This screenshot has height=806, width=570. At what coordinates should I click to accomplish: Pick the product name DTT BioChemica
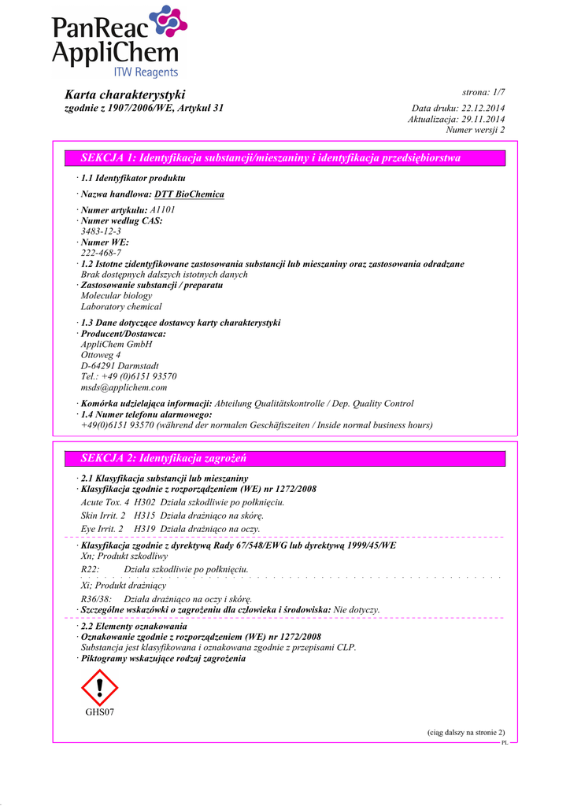click(x=189, y=194)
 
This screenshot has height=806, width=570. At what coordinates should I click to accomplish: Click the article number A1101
click(x=162, y=210)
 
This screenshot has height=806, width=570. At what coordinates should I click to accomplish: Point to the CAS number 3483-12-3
click(x=101, y=232)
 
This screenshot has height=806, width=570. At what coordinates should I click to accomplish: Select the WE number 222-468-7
click(x=101, y=253)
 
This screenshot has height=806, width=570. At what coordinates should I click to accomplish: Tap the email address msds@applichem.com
click(x=124, y=387)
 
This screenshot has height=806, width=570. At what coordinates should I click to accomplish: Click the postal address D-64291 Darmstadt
click(x=120, y=366)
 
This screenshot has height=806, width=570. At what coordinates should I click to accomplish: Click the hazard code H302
click(x=145, y=501)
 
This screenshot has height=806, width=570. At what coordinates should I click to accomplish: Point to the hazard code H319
click(x=145, y=528)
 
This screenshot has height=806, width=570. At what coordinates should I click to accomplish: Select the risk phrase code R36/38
click(x=96, y=599)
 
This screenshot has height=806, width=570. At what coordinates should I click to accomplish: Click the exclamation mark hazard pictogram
click(x=99, y=687)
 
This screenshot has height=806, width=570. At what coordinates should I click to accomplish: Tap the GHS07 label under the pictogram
click(x=100, y=712)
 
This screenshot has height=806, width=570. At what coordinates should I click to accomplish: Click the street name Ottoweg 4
click(x=101, y=355)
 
